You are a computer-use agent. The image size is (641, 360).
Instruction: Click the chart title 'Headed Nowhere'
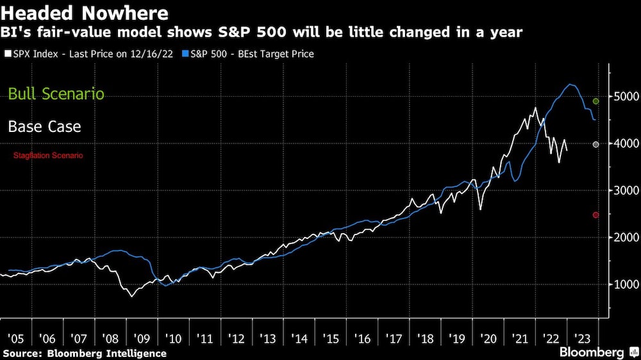(x=85, y=13)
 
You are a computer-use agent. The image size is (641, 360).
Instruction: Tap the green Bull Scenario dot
(x=596, y=101)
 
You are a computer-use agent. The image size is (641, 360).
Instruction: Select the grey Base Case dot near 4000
(x=596, y=145)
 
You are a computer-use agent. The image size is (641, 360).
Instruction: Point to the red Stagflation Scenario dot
(x=596, y=215)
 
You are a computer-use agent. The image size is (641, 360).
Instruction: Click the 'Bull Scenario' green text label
(x=56, y=94)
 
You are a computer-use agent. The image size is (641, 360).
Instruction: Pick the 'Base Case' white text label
(x=44, y=126)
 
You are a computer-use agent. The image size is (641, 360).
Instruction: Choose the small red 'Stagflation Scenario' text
(x=48, y=156)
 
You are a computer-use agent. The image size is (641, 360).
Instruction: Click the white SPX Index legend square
(x=6, y=54)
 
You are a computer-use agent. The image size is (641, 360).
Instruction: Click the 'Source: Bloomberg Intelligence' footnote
(x=84, y=353)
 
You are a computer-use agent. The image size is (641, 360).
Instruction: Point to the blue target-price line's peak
(x=569, y=85)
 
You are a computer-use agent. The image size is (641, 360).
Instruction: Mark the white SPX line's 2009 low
(x=131, y=296)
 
